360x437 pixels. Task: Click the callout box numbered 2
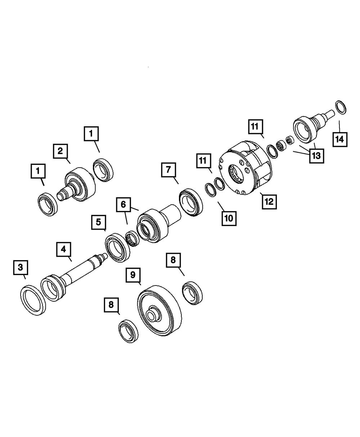coord(60,151)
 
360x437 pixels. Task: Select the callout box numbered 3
coord(21,267)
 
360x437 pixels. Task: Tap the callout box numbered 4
coord(64,249)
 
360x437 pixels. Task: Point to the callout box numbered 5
coord(99,222)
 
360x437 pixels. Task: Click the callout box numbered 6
coord(123,204)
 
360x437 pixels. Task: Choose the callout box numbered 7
coord(168,170)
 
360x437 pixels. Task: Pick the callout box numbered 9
coord(133,275)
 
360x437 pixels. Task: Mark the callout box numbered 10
coord(229,218)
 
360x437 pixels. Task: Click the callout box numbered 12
coord(269,202)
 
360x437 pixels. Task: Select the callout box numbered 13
coord(317,156)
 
